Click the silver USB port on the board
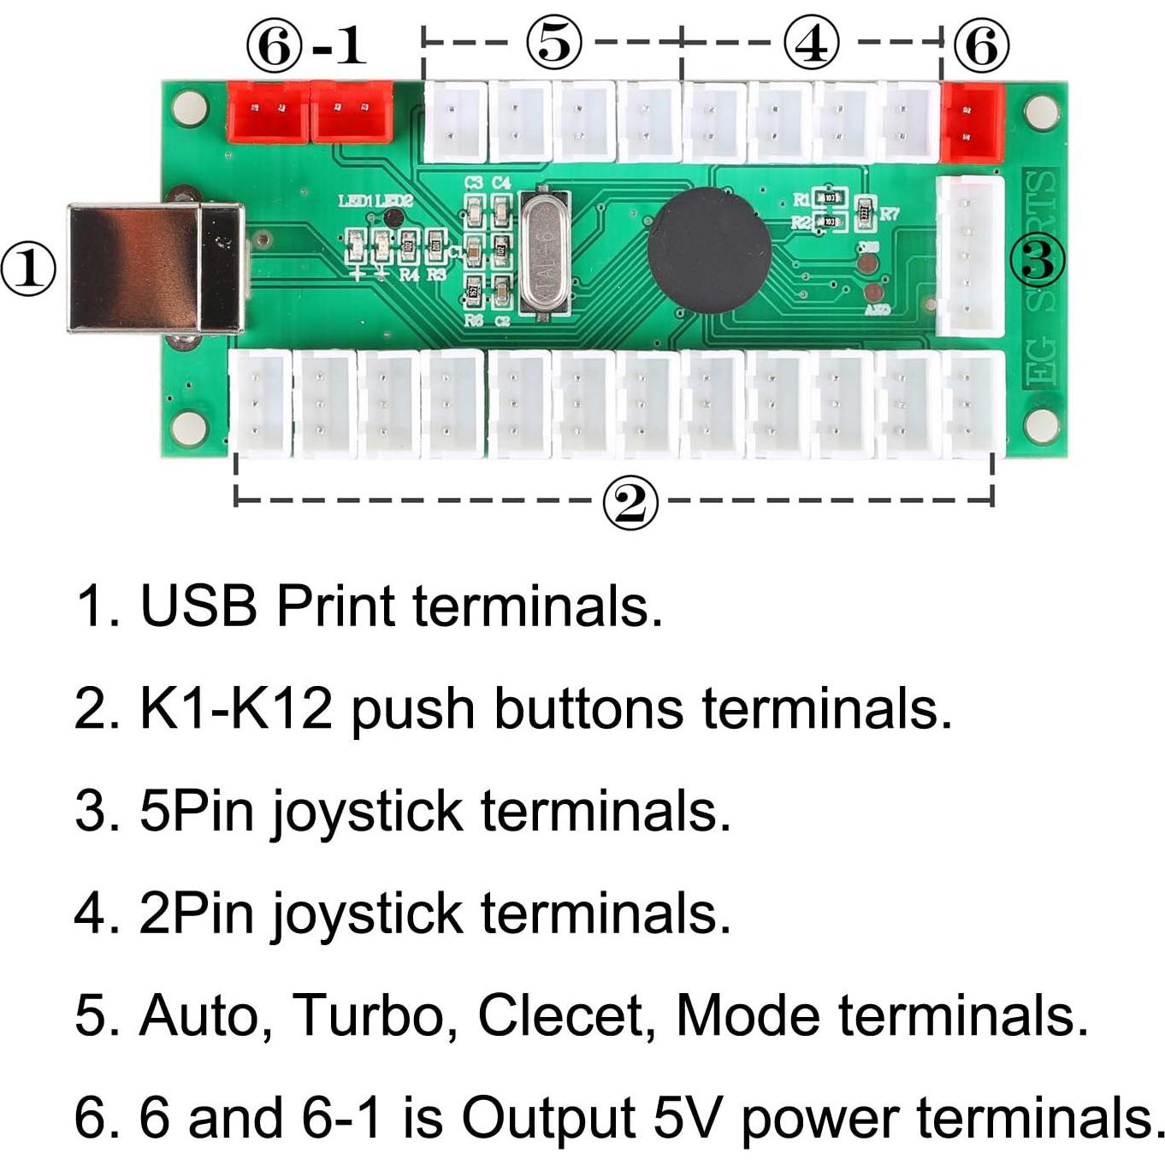(154, 267)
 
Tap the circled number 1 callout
(28, 269)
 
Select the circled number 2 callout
(630, 503)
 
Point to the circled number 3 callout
(1038, 259)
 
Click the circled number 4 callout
(811, 43)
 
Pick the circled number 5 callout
(553, 43)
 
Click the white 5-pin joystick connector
(970, 257)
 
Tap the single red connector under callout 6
(972, 122)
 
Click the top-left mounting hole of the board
(189, 109)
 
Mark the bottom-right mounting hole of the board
(1041, 425)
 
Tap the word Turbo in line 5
(369, 1015)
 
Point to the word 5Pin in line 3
(197, 810)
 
